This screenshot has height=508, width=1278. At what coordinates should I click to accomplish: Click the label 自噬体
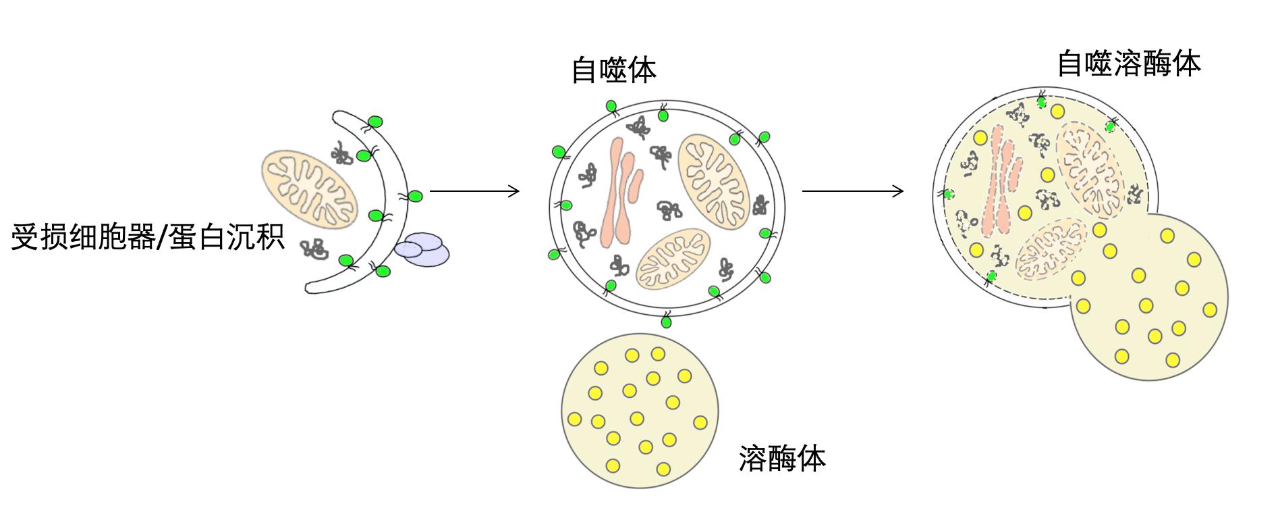(613, 70)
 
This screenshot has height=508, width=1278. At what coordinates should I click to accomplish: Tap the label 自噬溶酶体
(1128, 64)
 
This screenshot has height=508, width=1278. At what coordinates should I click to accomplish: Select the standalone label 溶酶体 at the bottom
(782, 459)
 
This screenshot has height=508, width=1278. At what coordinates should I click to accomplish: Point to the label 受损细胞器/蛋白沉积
(147, 238)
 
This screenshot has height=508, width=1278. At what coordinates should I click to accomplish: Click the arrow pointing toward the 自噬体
(474, 191)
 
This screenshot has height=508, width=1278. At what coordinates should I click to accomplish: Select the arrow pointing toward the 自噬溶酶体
(852, 191)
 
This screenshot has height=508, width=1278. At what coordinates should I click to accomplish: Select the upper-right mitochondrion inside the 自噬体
(714, 174)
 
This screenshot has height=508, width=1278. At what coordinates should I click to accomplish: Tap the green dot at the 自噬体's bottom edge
(667, 322)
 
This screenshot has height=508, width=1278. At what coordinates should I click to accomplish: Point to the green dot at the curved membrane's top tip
(376, 122)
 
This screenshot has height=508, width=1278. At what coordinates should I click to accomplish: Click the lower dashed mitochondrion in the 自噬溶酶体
(1050, 249)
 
